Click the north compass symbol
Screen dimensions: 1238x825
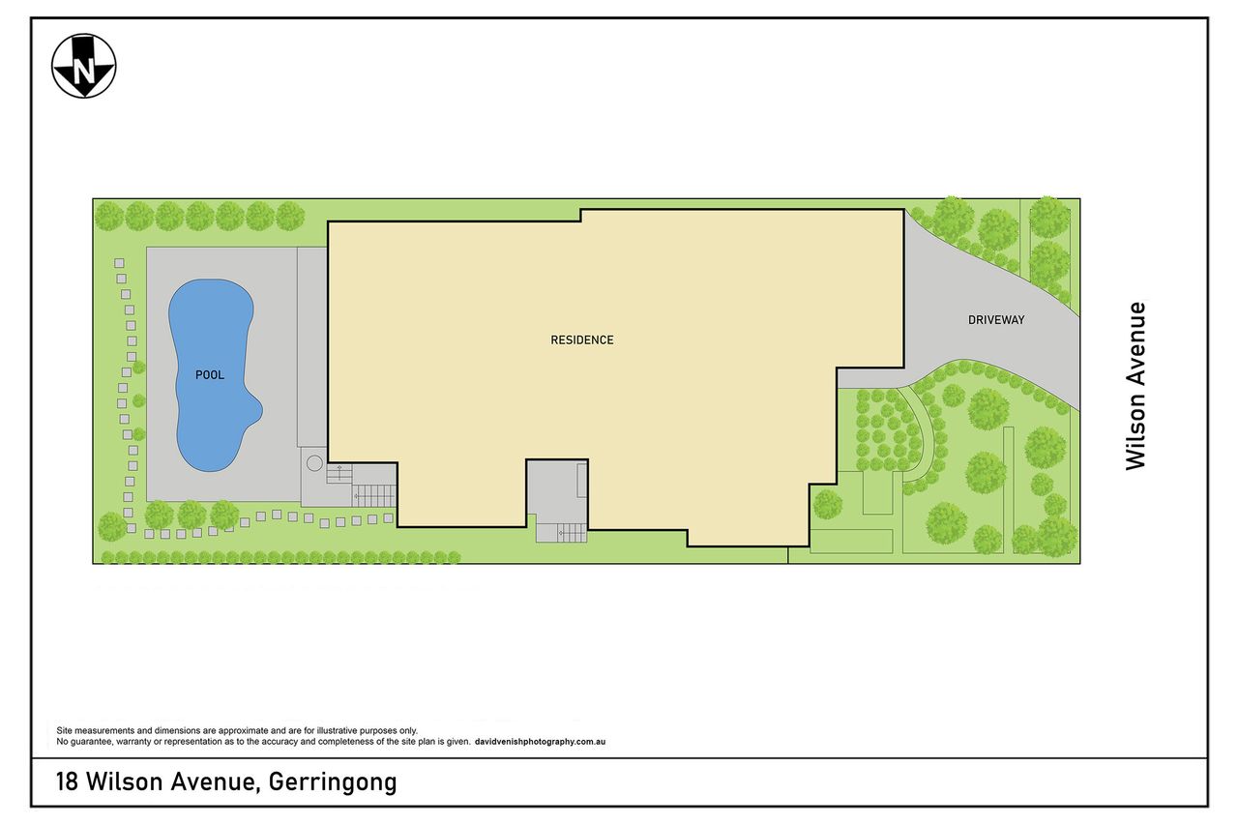click(84, 67)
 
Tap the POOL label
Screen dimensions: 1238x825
click(210, 375)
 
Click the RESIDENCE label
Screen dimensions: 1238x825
click(582, 339)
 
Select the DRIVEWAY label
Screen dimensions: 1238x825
click(996, 320)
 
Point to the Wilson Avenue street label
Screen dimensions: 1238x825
click(1136, 386)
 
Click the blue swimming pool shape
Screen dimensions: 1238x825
click(213, 375)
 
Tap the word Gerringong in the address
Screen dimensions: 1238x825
click(333, 781)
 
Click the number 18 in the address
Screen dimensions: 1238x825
click(67, 781)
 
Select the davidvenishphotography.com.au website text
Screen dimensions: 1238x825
click(540, 742)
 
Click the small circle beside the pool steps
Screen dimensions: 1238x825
click(314, 463)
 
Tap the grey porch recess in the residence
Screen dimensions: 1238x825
click(556, 487)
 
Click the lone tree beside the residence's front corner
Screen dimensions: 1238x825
click(827, 505)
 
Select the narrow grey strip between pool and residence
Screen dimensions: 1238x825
click(312, 347)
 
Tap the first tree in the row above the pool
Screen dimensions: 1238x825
click(109, 216)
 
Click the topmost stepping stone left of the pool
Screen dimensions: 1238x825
click(119, 263)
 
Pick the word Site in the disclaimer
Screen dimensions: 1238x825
click(64, 730)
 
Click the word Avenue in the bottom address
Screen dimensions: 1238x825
click(215, 781)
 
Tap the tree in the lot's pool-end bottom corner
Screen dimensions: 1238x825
click(112, 526)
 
